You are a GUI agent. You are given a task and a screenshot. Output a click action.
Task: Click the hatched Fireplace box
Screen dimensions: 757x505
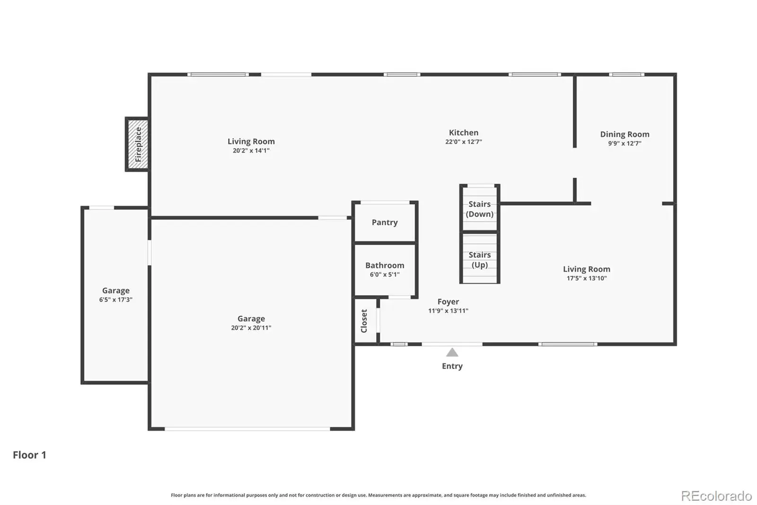[137, 144]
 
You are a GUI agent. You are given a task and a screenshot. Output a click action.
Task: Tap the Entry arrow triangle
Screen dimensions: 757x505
[452, 352]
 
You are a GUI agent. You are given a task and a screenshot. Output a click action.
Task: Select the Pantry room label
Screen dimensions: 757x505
[385, 222]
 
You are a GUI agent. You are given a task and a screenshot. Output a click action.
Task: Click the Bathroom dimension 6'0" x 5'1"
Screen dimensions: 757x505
[385, 274]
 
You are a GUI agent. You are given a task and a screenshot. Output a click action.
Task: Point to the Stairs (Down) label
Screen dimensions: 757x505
[480, 209]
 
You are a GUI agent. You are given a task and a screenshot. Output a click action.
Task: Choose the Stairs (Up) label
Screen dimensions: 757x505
[480, 260]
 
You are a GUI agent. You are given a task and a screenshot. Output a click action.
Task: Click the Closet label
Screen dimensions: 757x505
[364, 321]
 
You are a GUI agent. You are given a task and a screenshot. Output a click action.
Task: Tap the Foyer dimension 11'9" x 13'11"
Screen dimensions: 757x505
[448, 311]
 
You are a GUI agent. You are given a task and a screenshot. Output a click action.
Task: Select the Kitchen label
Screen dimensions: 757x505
[464, 133]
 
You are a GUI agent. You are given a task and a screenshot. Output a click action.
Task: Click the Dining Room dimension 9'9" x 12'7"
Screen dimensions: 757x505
[625, 143]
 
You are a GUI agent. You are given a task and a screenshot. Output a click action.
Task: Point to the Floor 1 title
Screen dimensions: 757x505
[29, 455]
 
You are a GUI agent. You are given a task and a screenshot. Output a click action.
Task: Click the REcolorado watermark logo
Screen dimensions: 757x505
[716, 496]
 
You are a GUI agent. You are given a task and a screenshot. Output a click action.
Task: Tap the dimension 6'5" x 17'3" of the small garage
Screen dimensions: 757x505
[115, 299]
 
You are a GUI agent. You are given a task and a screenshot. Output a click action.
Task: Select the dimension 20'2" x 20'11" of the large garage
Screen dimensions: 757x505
[251, 328]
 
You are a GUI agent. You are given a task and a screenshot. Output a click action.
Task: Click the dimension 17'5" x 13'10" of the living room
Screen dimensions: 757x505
[587, 278]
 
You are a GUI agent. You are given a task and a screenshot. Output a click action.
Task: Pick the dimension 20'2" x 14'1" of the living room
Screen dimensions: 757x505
[251, 151]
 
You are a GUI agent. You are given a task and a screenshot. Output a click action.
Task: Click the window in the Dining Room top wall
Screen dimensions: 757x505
[626, 74]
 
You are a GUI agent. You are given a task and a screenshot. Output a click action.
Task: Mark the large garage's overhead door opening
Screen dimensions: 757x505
[247, 429]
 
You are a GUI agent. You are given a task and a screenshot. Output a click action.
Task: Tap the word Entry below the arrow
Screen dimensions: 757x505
[452, 366]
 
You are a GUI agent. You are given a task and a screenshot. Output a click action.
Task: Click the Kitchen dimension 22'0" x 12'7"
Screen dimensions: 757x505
[464, 142]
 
